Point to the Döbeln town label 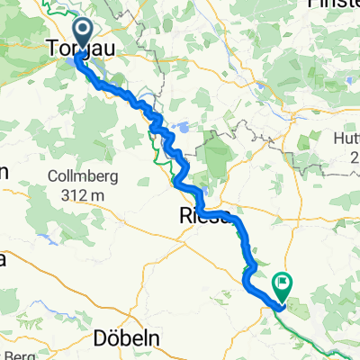[x=127, y=339]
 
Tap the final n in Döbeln [x=154, y=340]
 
